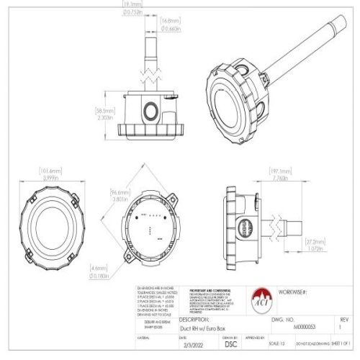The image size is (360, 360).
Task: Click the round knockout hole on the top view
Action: (x=151, y=109)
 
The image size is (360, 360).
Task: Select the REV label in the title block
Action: (x=343, y=317)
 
